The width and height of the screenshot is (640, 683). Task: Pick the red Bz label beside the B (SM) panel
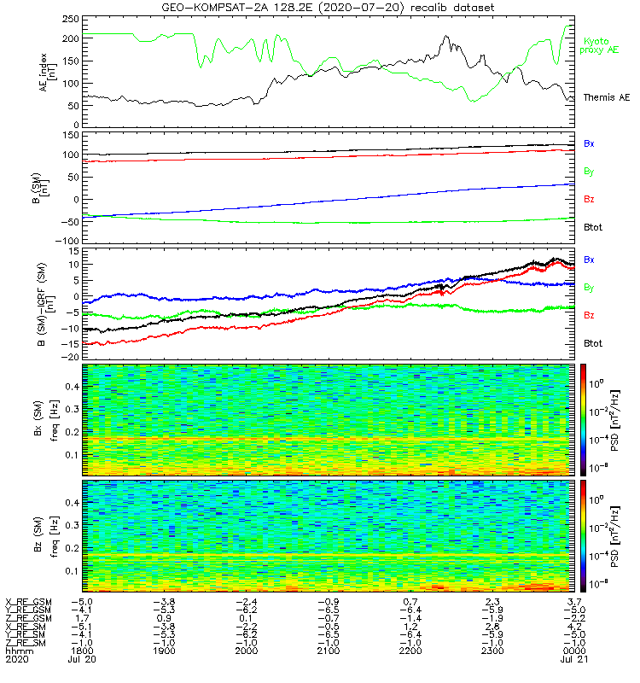[589, 199]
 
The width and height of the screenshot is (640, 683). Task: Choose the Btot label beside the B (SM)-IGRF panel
[592, 342]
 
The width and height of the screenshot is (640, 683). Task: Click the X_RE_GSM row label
[28, 601]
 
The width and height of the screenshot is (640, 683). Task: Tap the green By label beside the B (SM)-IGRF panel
[589, 288]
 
